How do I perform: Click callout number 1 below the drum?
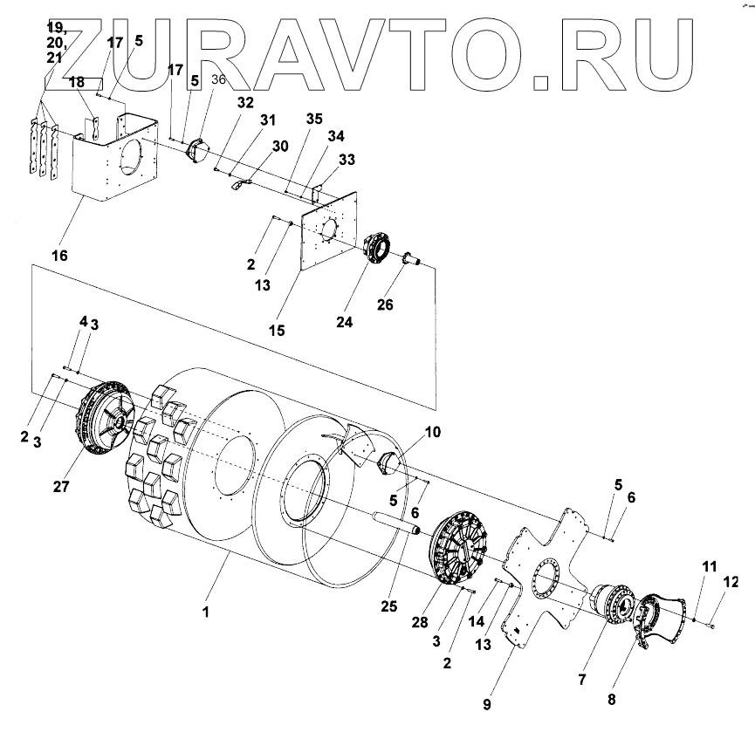[206, 612]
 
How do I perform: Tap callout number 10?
[434, 433]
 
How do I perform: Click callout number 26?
[385, 304]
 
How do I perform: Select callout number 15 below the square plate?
[278, 331]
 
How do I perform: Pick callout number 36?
[218, 79]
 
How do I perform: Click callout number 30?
[279, 147]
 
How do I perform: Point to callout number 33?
[347, 160]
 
